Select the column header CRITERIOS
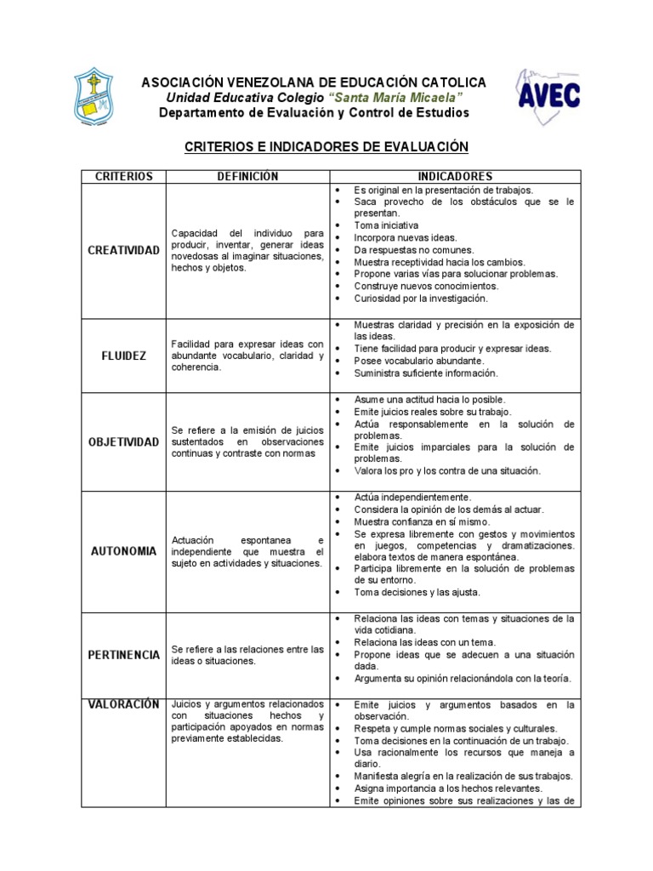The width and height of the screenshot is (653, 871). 124,176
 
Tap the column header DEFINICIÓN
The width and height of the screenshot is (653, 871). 247,176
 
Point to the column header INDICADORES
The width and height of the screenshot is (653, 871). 455,176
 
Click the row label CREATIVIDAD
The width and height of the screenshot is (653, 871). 124,250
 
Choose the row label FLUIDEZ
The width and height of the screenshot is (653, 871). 124,356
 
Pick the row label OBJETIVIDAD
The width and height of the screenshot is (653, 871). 124,442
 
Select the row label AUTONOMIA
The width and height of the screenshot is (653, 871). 124,551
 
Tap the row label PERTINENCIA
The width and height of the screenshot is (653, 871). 124,655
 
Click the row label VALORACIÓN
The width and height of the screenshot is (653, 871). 124,704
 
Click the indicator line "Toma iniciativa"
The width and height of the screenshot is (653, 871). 386,226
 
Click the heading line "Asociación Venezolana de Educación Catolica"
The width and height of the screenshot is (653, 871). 314,83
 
